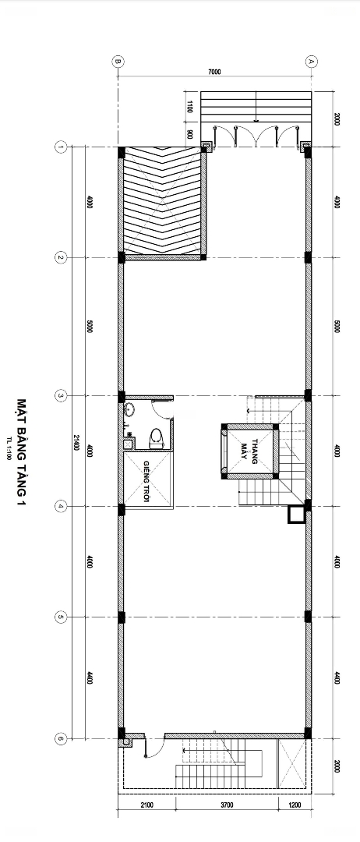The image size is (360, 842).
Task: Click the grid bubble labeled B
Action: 118,62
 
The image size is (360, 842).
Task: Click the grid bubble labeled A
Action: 311,62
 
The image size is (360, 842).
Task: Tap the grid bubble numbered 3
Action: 61,396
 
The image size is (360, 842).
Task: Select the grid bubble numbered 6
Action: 61,739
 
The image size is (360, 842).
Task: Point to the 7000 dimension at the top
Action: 214,72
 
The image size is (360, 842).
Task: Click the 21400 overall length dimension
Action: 76,443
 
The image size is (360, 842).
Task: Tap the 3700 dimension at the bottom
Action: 227,805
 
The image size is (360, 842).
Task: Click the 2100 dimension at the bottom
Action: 147,805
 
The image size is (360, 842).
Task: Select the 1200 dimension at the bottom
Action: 295,805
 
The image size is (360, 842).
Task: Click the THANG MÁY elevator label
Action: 249,450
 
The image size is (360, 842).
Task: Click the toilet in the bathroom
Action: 156,439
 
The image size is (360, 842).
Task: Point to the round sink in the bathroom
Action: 129,412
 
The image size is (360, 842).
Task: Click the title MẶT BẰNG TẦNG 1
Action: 22,451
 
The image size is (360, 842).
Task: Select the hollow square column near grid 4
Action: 296,515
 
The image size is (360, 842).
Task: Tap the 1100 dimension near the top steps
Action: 190,106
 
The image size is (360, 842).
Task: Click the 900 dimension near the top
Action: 190,134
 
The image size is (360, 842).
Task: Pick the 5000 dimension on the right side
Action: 337,327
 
